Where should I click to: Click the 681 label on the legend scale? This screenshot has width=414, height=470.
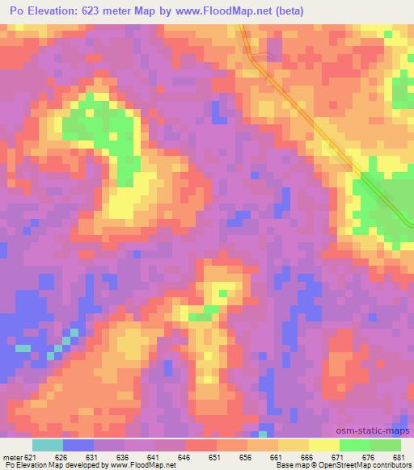click(x=399, y=457)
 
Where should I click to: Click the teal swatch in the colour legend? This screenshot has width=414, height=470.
click(x=48, y=445)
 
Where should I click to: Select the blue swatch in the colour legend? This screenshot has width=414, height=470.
click(x=78, y=445)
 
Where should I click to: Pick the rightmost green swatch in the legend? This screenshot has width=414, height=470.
click(x=386, y=445)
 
